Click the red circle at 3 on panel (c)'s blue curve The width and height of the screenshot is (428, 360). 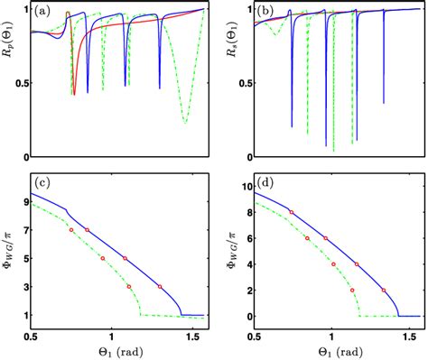(x=160, y=287)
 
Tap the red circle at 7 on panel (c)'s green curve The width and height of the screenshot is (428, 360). (x=71, y=230)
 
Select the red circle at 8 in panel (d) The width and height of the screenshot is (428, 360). (x=291, y=212)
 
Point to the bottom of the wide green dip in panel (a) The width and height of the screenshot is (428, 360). (x=185, y=122)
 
